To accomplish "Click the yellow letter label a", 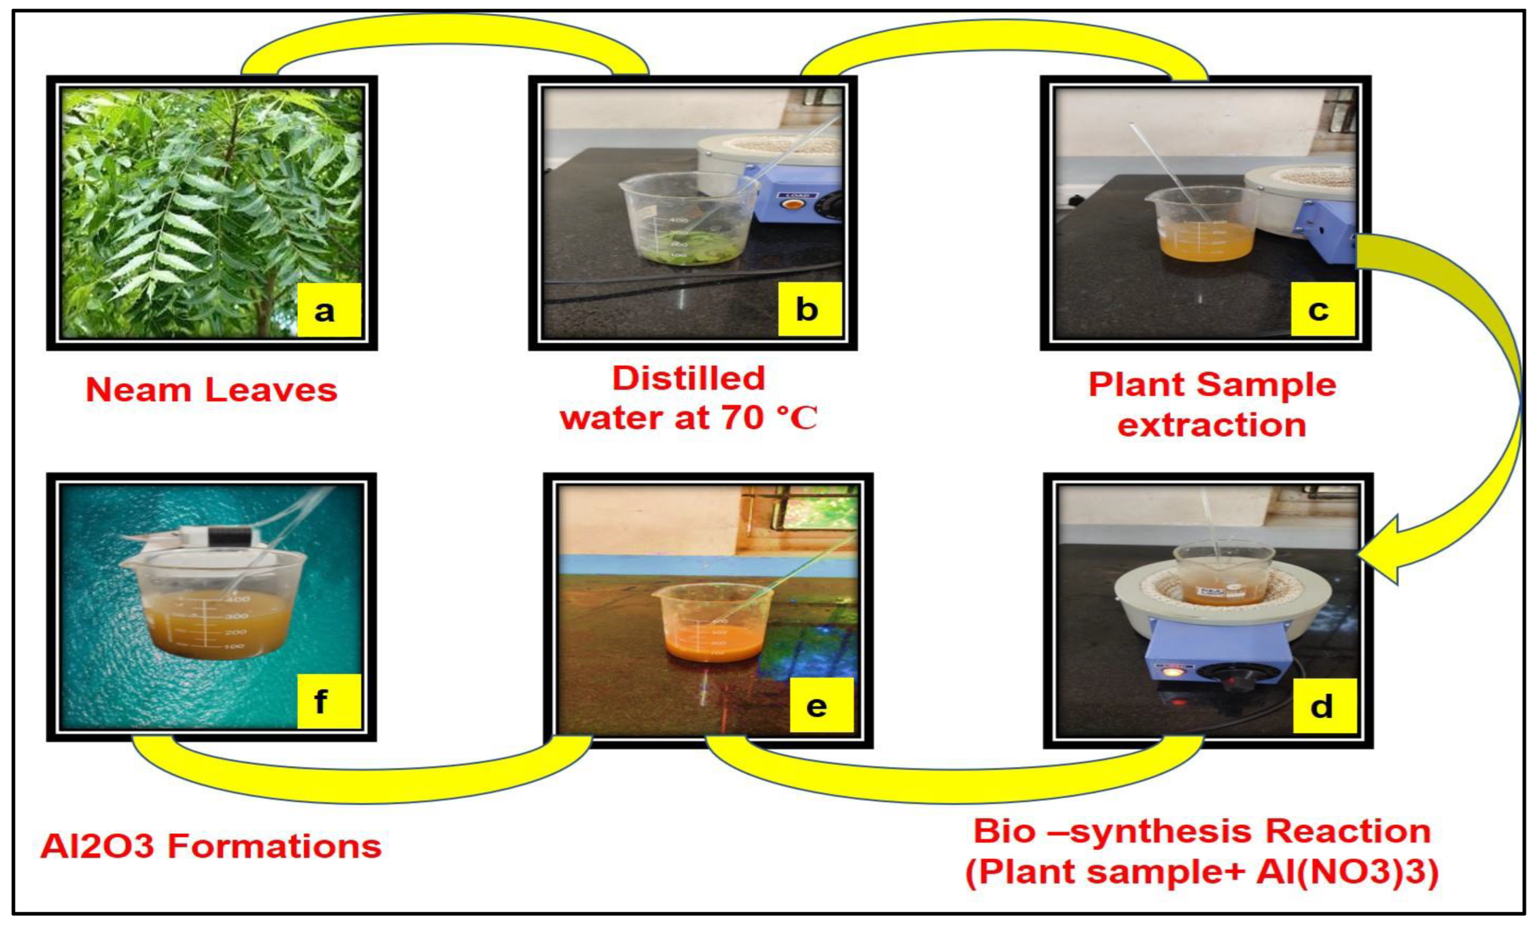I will pos(329,310).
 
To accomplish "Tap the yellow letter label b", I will pos(809,310).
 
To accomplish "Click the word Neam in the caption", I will pos(138,391).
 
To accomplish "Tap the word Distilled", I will pos(688,378).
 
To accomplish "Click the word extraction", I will pos(1211,426).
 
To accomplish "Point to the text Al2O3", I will pos(97,846).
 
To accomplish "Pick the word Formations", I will pos(274,846).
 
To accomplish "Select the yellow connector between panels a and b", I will pos(444,31).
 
